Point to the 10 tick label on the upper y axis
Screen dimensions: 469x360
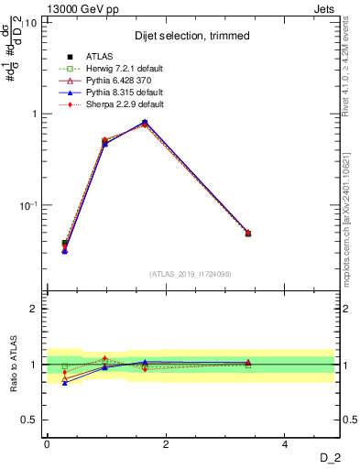tap(29, 22)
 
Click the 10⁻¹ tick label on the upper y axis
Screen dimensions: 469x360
tap(27, 205)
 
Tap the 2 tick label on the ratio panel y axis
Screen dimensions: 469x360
tap(33, 309)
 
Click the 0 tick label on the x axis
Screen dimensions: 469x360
tap(46, 444)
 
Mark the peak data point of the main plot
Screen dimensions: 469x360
tap(145, 122)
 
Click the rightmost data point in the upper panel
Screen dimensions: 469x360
tap(247, 234)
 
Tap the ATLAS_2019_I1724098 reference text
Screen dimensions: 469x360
tap(190, 274)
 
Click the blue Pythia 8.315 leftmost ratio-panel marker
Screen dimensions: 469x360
tap(64, 383)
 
